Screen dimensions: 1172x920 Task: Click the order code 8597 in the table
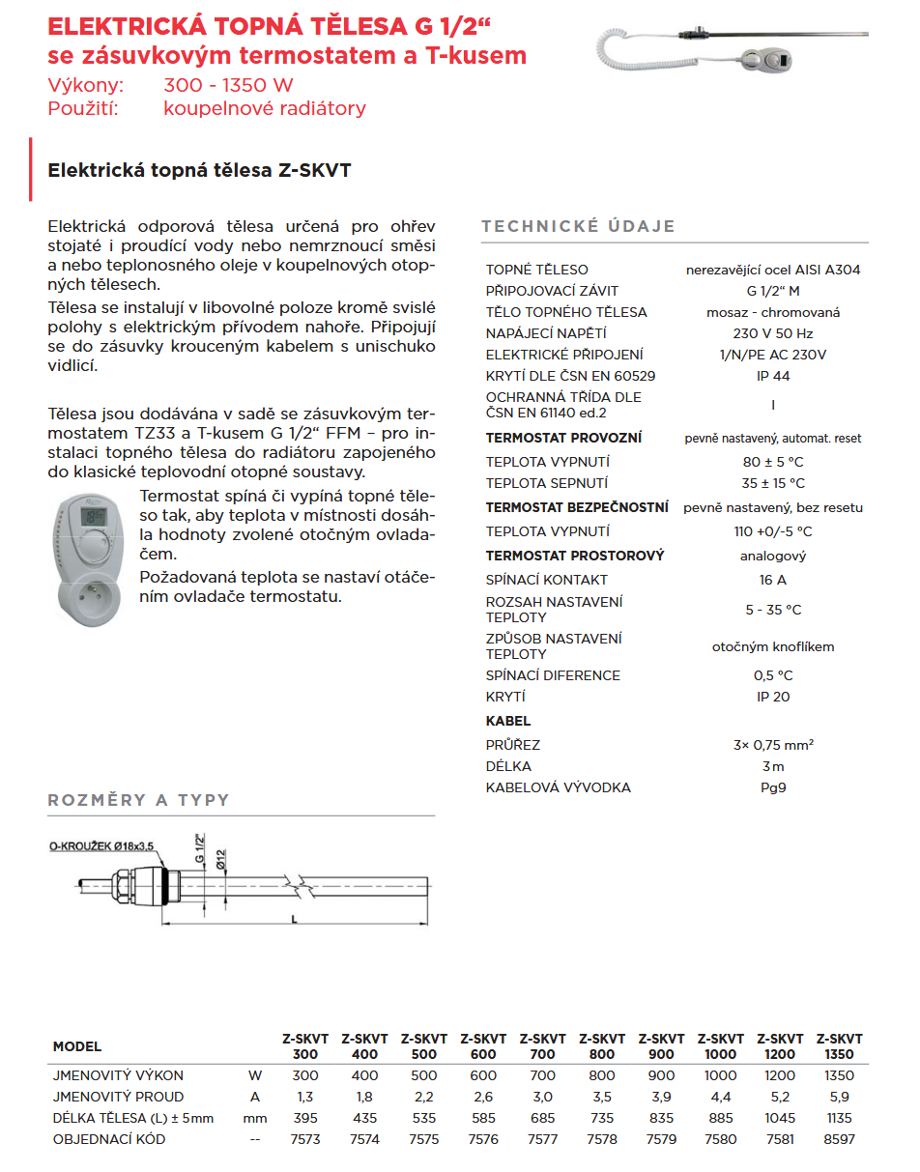click(839, 1139)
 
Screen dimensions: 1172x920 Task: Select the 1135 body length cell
click(839, 1118)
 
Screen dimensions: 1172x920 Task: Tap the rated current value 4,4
click(720, 1097)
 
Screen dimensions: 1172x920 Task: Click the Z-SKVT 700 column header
click(542, 1046)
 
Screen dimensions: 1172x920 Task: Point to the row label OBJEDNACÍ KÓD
click(109, 1139)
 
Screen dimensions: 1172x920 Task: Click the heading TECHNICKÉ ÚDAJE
click(578, 227)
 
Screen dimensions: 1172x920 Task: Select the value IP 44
click(772, 376)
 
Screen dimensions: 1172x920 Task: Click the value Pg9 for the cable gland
click(772, 787)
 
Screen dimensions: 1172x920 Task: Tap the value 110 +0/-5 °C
click(772, 531)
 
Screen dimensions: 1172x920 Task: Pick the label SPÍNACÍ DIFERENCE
click(553, 675)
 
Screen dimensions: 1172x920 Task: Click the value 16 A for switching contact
click(772, 580)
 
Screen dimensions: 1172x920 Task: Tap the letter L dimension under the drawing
click(294, 920)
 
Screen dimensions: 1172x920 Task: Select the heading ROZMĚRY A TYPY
click(139, 800)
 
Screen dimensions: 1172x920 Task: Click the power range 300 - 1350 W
click(229, 85)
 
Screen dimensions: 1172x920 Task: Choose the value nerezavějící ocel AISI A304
click(772, 270)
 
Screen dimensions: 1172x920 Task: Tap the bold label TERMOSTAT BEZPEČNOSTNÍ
click(577, 507)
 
